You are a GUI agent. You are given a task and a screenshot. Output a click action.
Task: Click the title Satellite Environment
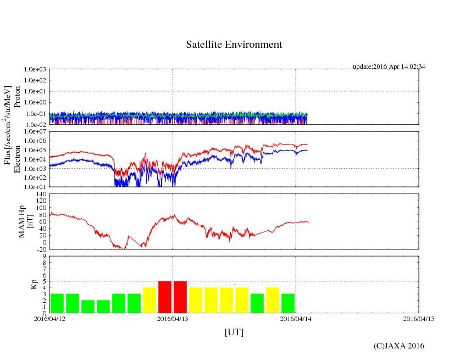click(234, 45)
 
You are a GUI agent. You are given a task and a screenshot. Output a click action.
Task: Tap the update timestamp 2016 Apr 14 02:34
click(389, 67)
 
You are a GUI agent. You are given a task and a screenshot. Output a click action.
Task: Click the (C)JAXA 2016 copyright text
click(398, 346)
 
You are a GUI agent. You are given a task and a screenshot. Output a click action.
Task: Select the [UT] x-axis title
click(234, 332)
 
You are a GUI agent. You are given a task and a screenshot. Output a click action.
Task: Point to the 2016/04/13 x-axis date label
click(173, 318)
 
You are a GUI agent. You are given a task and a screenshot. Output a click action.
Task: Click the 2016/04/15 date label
click(419, 318)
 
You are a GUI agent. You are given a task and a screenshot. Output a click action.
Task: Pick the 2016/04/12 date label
click(49, 318)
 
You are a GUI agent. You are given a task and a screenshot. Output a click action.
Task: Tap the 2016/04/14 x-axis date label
click(296, 318)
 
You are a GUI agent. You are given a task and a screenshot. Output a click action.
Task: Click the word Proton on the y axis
click(17, 97)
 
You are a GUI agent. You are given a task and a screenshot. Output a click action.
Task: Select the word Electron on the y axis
click(17, 159)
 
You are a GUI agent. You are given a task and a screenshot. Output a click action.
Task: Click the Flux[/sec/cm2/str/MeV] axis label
click(8, 125)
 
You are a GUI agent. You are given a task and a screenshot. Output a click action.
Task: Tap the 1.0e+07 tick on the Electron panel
click(35, 132)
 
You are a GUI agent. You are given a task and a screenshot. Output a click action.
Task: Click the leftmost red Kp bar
click(165, 297)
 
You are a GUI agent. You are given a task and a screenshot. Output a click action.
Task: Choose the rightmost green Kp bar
click(288, 303)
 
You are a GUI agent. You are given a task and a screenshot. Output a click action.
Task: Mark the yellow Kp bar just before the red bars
click(150, 300)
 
